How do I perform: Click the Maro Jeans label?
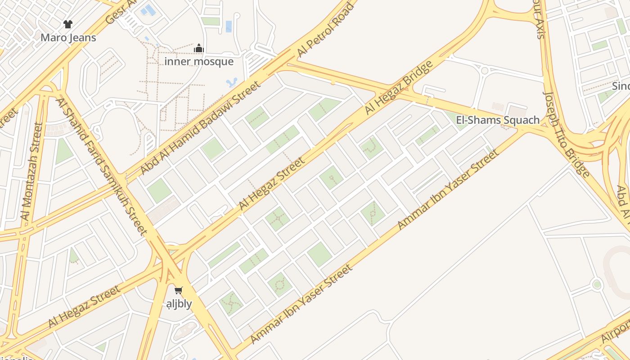[68, 38]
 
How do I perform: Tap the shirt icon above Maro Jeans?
[68, 24]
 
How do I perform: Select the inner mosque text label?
[199, 62]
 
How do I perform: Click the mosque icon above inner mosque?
[199, 49]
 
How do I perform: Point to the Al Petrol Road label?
[326, 30]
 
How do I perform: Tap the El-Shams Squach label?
[498, 120]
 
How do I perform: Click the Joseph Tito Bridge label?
[567, 134]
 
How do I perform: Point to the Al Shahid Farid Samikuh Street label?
[102, 166]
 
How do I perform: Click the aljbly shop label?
[179, 304]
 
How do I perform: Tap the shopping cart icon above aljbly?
[179, 291]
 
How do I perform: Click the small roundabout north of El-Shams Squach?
[484, 71]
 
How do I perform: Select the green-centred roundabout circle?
[597, 284]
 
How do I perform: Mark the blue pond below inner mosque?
[232, 83]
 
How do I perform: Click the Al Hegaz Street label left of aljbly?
[84, 306]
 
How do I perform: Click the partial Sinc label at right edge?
[621, 86]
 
